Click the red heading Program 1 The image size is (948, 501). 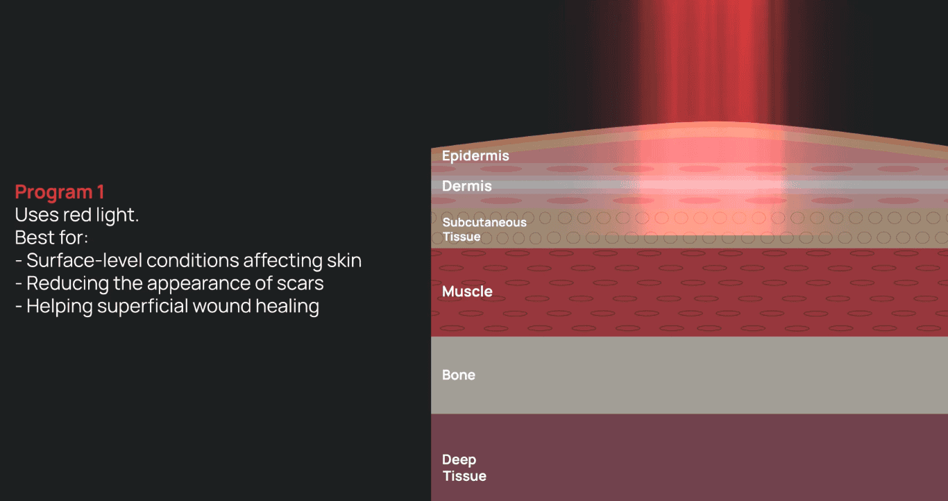click(60, 192)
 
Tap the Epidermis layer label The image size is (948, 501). click(475, 155)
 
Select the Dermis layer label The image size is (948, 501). click(467, 186)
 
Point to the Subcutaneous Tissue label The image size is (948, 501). click(484, 230)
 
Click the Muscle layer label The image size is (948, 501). click(467, 291)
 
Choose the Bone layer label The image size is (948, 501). click(458, 375)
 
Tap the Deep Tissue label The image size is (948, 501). click(464, 468)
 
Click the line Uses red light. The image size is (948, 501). click(77, 215)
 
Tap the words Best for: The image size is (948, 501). click(51, 237)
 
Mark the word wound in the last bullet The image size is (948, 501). click(222, 306)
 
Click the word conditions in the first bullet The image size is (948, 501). click(192, 260)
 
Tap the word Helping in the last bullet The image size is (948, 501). click(59, 306)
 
